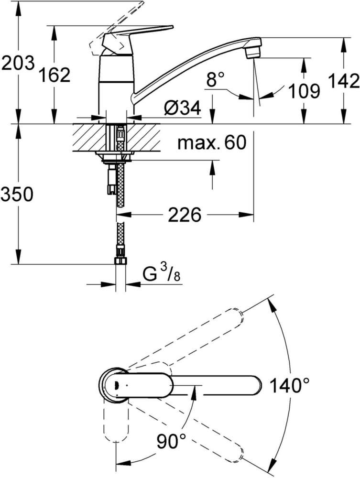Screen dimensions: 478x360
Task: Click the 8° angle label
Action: tap(215, 81)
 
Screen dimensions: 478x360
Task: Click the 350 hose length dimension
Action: tap(17, 195)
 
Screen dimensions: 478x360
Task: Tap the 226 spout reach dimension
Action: tap(184, 216)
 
